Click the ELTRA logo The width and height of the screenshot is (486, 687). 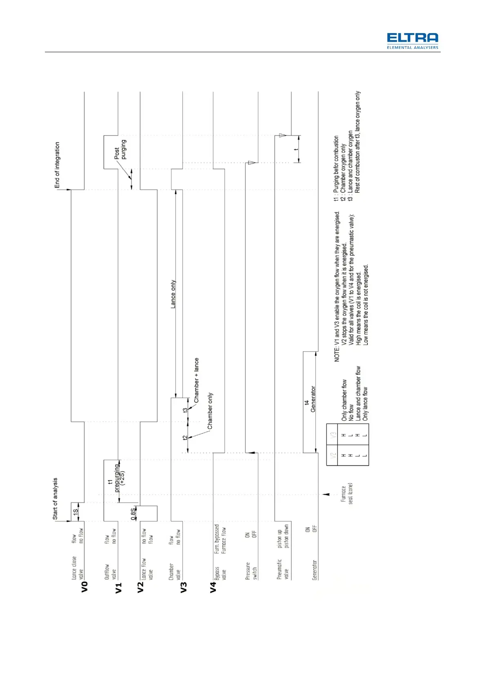click(412, 41)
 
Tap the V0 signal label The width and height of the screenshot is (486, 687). click(84, 587)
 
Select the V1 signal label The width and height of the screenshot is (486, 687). click(118, 587)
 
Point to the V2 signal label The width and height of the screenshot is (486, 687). click(140, 587)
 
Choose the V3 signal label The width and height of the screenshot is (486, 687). click(183, 587)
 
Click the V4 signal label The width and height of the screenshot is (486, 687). click(213, 587)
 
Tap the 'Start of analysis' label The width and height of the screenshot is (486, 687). click(55, 499)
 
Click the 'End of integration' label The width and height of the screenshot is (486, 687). click(57, 165)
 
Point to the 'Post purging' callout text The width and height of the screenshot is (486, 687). click(120, 150)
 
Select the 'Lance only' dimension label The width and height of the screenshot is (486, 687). click(173, 294)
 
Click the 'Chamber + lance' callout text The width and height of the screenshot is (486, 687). click(196, 380)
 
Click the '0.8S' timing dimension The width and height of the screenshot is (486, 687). click(133, 514)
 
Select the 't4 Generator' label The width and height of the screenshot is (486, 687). click(310, 399)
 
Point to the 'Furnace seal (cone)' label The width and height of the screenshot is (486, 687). click(347, 494)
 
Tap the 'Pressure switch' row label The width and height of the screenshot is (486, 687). click(251, 571)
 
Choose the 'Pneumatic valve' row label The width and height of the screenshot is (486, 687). click(282, 569)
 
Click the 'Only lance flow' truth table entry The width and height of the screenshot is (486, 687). click(365, 404)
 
